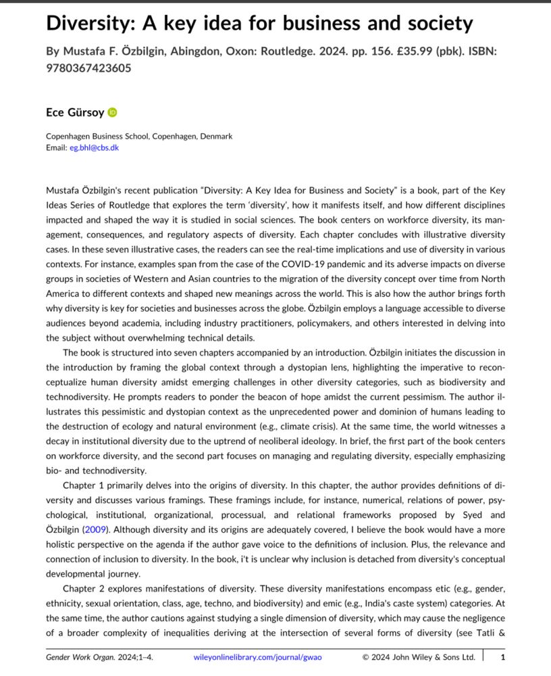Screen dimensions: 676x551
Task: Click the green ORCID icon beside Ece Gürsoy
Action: point(113,112)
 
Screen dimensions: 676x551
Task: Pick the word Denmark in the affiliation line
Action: point(217,136)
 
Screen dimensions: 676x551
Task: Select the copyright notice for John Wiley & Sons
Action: point(419,656)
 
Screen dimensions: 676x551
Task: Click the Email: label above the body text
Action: point(57,147)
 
